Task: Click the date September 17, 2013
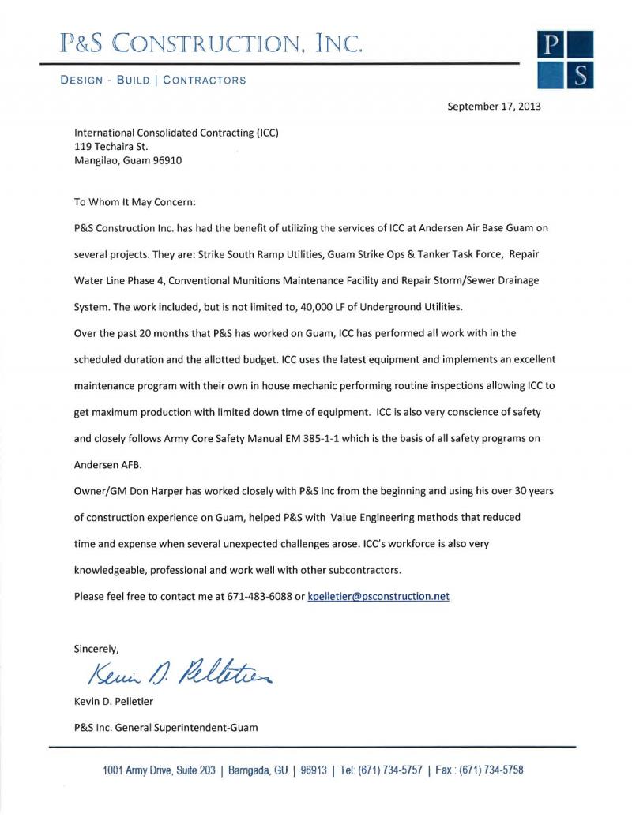[494, 106]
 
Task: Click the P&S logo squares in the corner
[564, 59]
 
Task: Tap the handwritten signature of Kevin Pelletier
[181, 673]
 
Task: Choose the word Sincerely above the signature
[96, 649]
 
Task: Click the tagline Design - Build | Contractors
[153, 80]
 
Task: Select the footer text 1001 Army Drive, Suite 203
[159, 770]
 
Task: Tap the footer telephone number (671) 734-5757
[389, 770]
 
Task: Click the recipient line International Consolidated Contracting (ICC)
[176, 133]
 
